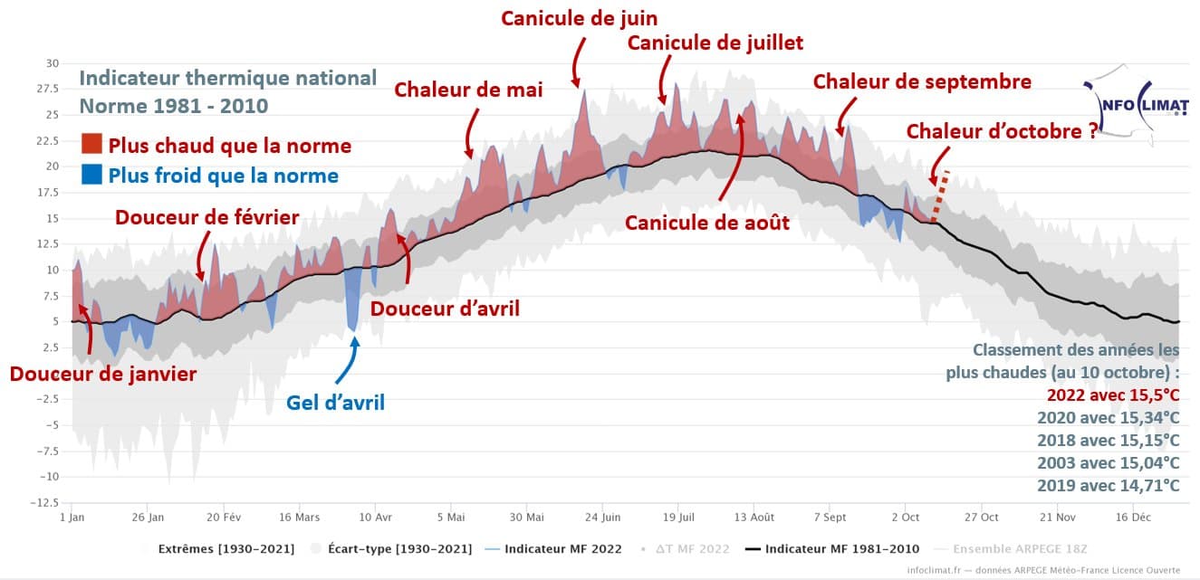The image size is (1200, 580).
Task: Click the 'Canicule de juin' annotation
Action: coord(579,18)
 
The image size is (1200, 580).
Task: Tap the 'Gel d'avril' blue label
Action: coord(335,403)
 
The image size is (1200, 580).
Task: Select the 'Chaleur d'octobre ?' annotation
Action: coord(1002,131)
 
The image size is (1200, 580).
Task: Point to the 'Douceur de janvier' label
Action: coord(102,373)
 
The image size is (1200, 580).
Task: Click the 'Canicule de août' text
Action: coord(707,223)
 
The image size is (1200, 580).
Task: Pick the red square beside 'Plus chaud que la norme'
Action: coord(91,145)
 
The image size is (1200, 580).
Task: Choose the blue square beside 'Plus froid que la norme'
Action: coord(91,175)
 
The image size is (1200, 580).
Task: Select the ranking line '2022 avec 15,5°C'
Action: coord(1113,395)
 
